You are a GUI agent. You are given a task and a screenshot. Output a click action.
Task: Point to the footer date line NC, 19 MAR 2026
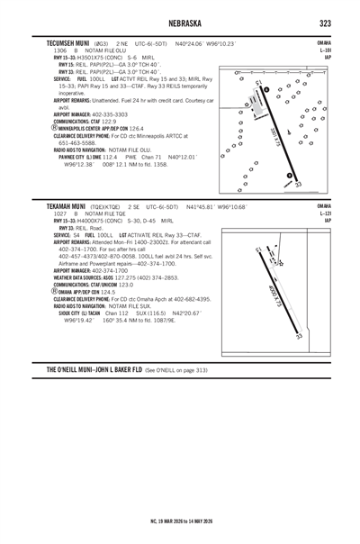[180, 520]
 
